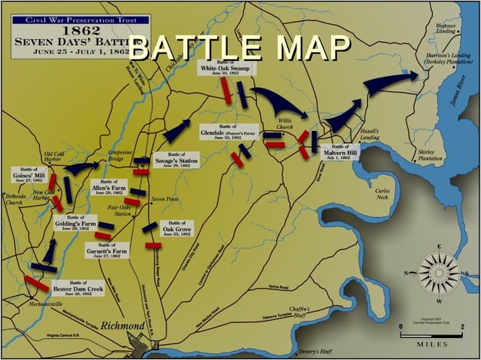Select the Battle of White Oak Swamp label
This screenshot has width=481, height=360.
[228, 69]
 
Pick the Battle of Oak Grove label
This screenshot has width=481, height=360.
[179, 228]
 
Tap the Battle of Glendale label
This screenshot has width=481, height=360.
[228, 133]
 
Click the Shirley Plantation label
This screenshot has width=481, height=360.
[430, 155]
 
